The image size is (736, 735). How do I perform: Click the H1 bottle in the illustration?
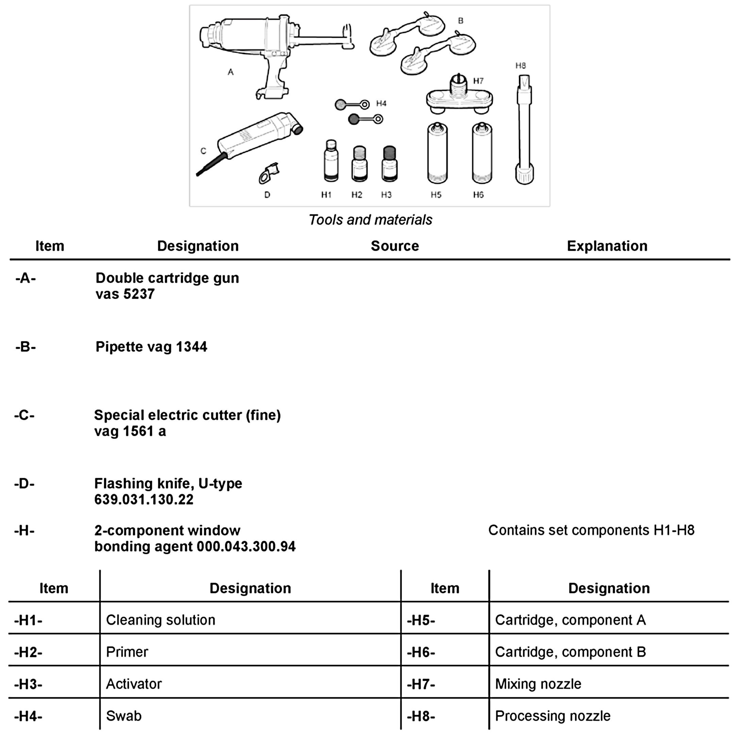point(331,161)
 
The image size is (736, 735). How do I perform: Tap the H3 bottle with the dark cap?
point(389,164)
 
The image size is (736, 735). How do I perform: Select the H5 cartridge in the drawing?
point(437,153)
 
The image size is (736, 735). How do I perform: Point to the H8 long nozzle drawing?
point(524,130)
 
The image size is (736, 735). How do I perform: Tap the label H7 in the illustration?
point(478,81)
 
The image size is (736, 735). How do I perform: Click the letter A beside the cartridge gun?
point(231,72)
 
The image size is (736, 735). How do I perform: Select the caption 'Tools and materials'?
point(370,220)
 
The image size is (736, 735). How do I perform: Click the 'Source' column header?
point(395,246)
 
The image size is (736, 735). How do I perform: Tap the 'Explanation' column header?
point(607,246)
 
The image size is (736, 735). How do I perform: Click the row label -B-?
point(26,347)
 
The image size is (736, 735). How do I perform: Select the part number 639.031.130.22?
point(144,500)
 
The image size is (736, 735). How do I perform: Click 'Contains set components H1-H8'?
point(591,530)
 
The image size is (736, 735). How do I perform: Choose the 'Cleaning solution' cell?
point(161,620)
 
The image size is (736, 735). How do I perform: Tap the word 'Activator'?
point(134,684)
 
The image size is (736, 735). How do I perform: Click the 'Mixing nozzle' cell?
point(538,684)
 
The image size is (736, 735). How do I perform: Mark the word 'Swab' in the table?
point(124,716)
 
